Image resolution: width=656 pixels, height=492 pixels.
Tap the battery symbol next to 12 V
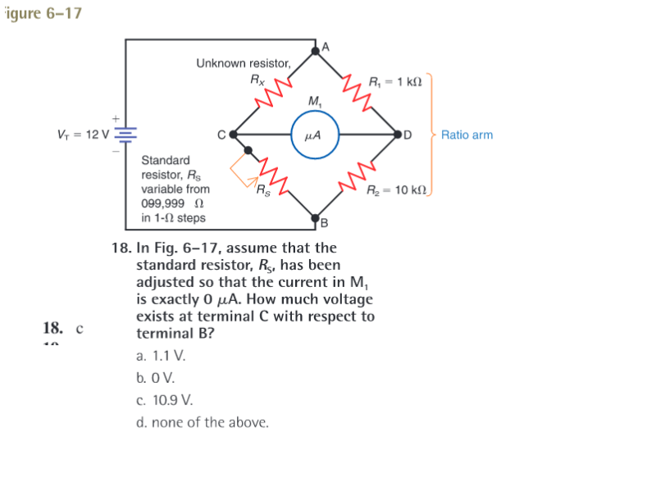click(x=125, y=135)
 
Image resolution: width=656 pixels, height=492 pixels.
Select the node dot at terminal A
click(x=316, y=51)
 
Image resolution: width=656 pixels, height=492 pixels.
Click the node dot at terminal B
click(x=316, y=218)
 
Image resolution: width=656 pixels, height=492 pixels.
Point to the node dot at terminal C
click(x=234, y=134)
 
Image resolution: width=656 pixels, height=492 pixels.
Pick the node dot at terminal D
click(x=398, y=134)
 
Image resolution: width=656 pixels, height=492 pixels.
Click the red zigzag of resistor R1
click(x=357, y=93)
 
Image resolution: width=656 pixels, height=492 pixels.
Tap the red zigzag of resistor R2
click(x=357, y=176)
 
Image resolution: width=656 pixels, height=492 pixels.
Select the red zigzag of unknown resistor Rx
click(x=274, y=93)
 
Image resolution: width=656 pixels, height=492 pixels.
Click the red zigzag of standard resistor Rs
click(x=274, y=176)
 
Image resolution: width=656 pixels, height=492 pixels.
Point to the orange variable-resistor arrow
click(x=244, y=171)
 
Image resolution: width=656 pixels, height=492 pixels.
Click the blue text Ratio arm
click(x=467, y=134)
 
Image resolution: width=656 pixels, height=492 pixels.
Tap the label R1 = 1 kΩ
click(x=395, y=81)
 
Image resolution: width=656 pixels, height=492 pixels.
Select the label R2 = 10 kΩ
click(x=397, y=190)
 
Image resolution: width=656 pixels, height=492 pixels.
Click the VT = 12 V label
click(x=83, y=134)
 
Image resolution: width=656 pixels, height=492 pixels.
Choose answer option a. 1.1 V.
click(x=161, y=356)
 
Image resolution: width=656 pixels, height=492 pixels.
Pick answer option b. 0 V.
click(x=155, y=378)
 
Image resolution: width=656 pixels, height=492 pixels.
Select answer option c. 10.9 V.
click(x=165, y=400)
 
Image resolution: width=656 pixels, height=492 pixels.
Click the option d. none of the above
click(x=203, y=422)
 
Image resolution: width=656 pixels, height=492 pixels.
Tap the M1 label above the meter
click(x=315, y=101)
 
